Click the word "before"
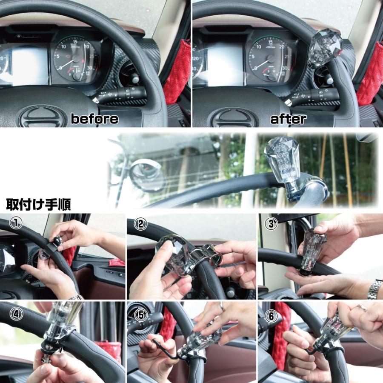94,119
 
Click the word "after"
288,119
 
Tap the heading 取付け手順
38,205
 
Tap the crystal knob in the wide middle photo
282,164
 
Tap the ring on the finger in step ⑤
221,306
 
